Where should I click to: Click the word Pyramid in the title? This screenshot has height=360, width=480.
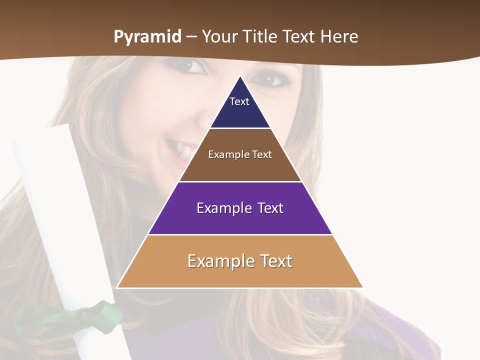(x=147, y=37)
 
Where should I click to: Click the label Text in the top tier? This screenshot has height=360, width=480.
(x=239, y=101)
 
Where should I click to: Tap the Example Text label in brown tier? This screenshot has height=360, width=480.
(x=240, y=154)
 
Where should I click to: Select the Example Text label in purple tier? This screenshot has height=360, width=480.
(x=240, y=208)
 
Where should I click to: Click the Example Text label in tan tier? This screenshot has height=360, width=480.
(x=240, y=261)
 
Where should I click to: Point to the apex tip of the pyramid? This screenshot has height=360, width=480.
(x=240, y=76)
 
